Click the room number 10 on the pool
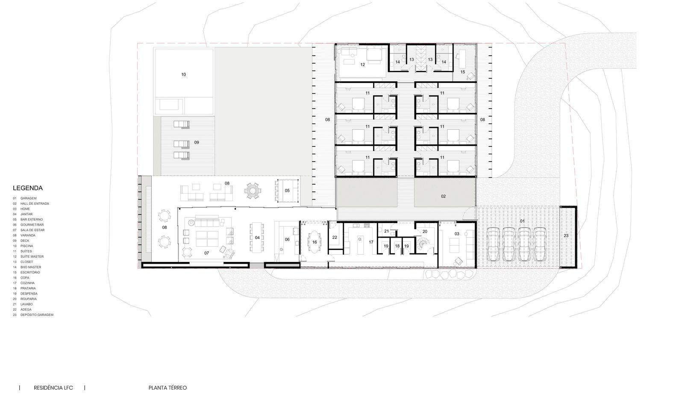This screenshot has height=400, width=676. pos(183,74)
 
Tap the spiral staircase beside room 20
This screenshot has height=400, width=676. pos(423,243)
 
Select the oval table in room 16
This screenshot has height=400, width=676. pos(314,242)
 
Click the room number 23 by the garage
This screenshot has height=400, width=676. pos(566,236)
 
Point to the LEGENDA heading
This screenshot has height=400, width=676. pos(28,188)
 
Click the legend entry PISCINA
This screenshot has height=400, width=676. pos(26,246)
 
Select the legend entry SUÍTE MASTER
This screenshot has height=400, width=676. pos(32,256)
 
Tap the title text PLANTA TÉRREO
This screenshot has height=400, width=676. pos(168,388)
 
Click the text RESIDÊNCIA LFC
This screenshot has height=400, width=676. pos(53,388)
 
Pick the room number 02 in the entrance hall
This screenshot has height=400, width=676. pos(443,196)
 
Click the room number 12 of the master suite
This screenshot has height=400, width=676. pos(362,65)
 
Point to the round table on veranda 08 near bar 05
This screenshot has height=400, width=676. pos(253,191)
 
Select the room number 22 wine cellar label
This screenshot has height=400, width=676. pos(335,238)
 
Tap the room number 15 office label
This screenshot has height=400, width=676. pos(463,72)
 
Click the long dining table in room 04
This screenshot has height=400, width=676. pos(257,238)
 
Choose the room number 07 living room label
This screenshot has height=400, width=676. pos(206,253)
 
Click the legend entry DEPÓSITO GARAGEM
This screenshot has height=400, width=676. pos(37,315)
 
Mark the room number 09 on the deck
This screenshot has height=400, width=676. pos(197,142)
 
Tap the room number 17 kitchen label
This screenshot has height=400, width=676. pos(371,242)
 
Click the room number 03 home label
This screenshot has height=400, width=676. pos(457,234)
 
